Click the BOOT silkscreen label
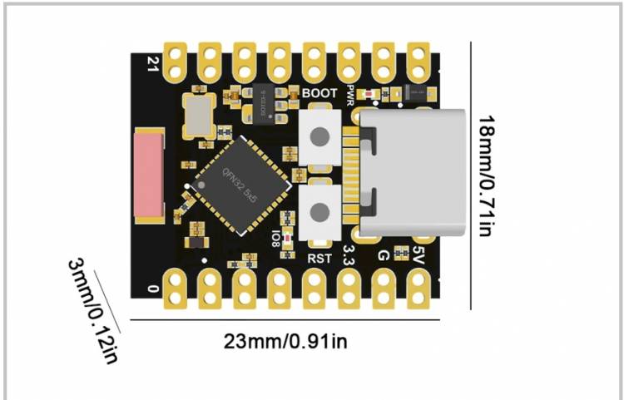point(320,94)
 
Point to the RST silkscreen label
point(319,259)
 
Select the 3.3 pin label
point(349,255)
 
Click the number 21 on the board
point(152,62)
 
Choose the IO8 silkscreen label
point(275,239)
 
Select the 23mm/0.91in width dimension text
point(285,340)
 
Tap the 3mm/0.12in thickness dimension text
point(93,309)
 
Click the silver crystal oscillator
point(199,115)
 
